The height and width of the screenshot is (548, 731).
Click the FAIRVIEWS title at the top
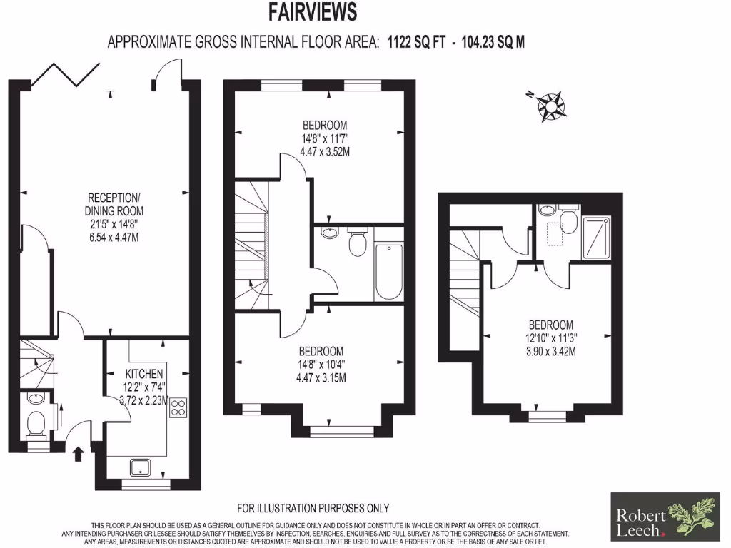(312, 12)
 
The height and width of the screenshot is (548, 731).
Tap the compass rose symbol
(552, 105)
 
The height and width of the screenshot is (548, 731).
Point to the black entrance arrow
(79, 453)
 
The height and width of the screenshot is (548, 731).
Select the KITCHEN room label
(145, 374)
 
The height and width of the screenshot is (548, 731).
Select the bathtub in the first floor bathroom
(388, 272)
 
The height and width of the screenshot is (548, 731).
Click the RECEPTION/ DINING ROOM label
(115, 204)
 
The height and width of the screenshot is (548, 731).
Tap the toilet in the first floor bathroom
(357, 243)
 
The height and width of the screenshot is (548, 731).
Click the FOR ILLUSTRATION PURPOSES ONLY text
(313, 508)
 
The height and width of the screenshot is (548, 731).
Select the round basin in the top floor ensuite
(547, 210)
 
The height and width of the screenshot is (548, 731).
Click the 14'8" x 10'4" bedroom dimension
(321, 365)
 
